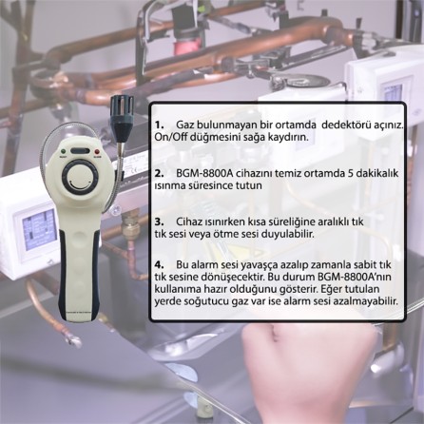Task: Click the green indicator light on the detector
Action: (x=64, y=151)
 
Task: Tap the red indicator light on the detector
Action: (x=97, y=151)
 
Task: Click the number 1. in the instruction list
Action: (x=160, y=125)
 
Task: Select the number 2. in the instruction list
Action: (x=160, y=174)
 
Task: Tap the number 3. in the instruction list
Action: (x=160, y=222)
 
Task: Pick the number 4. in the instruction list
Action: (x=160, y=264)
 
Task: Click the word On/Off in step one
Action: (x=166, y=138)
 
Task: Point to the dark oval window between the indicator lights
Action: (x=81, y=151)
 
